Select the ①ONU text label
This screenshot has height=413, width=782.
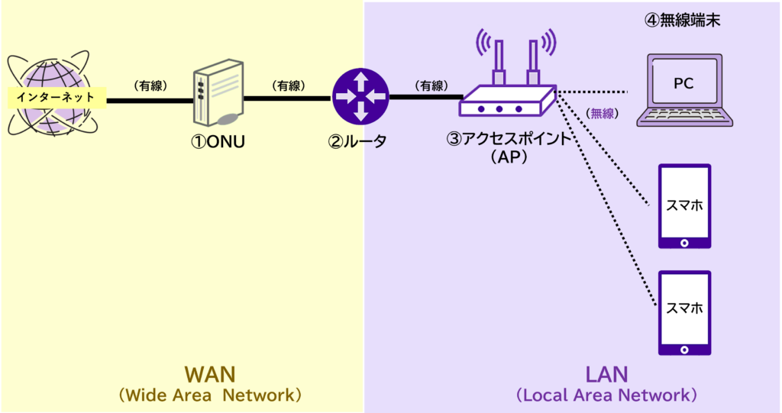(x=218, y=141)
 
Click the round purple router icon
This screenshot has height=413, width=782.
(x=360, y=97)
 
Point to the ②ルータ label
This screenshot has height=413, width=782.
(x=357, y=141)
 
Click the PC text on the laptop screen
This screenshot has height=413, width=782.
(x=683, y=83)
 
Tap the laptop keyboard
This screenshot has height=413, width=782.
(x=685, y=116)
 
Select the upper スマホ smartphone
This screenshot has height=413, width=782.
(x=684, y=206)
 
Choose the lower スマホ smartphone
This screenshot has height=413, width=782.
(x=684, y=312)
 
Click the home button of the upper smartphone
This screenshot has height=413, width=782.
(x=684, y=243)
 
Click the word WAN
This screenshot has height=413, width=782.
(x=210, y=374)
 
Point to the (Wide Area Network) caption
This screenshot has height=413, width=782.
(x=210, y=396)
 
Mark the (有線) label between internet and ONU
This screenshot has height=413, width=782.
(x=150, y=86)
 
